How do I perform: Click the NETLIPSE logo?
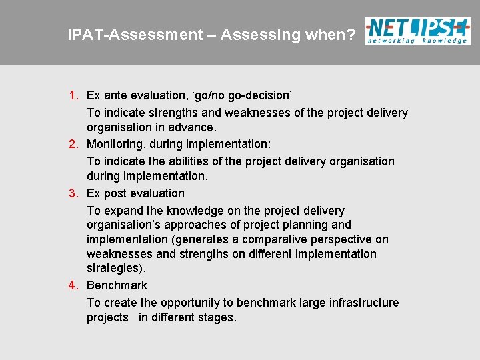tap(417, 31)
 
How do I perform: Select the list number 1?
tap(75, 96)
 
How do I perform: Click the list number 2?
tap(75, 144)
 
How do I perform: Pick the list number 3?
tap(75, 193)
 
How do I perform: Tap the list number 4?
tap(75, 285)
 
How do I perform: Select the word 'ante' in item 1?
tap(117, 96)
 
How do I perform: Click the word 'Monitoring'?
tap(116, 144)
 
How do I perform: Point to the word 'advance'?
tap(194, 127)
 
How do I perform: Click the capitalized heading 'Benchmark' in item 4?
tap(117, 285)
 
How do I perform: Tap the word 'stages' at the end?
tap(216, 317)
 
